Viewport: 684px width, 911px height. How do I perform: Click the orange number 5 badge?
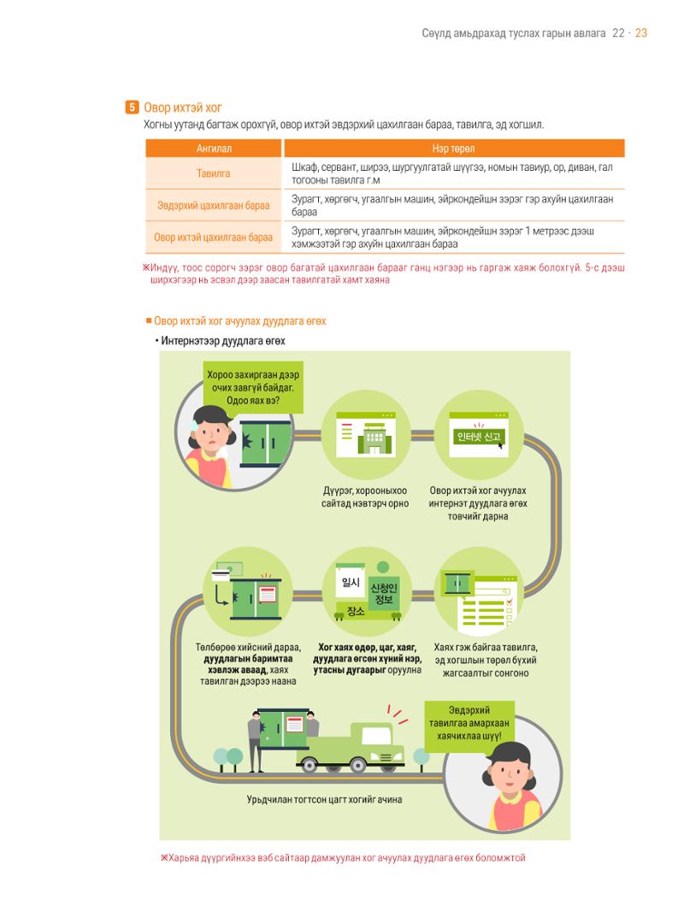tap(132, 108)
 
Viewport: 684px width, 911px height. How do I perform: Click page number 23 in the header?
tap(641, 33)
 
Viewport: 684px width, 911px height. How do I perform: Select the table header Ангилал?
tap(214, 149)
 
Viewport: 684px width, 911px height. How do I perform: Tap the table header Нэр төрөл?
tap(453, 149)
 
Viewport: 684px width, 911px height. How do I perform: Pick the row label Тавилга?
tap(213, 173)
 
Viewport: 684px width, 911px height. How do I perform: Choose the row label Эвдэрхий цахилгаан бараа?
tap(213, 205)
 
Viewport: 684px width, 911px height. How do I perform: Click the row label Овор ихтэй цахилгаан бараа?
tap(213, 237)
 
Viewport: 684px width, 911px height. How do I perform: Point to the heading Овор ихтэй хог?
tap(182, 108)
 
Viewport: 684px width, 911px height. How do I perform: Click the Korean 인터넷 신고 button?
tap(478, 437)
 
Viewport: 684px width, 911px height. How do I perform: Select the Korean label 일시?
tap(351, 582)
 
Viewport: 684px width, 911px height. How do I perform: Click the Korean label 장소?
tap(355, 611)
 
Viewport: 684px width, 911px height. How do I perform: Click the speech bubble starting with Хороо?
tap(253, 387)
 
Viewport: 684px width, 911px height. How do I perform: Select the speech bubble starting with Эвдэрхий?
tap(469, 723)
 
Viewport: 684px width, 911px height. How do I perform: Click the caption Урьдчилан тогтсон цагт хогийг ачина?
tap(324, 799)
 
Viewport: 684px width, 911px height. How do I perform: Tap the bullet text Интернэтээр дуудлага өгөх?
tap(222, 341)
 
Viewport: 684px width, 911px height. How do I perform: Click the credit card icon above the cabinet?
tap(221, 575)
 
